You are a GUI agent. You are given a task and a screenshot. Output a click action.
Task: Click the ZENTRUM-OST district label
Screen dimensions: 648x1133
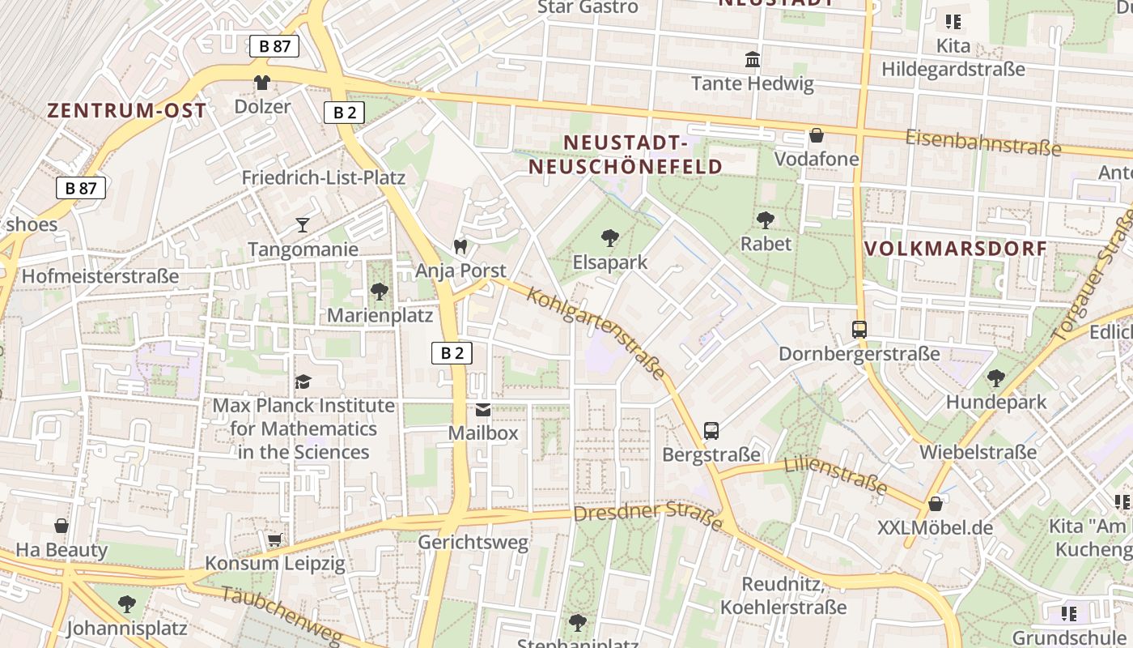coord(126,110)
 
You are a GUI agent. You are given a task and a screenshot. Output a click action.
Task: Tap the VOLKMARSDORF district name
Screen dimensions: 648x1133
coord(956,249)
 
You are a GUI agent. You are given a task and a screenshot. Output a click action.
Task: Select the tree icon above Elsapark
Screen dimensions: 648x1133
coord(610,237)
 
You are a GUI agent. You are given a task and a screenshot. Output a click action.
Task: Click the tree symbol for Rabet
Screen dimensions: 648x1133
coord(765,219)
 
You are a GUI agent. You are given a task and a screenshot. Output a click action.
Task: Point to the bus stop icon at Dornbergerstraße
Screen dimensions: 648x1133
coord(859,330)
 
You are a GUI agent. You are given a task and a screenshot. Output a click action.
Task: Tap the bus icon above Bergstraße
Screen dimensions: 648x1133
coord(711,430)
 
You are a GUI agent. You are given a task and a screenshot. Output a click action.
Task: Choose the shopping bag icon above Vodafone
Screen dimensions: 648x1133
coord(817,134)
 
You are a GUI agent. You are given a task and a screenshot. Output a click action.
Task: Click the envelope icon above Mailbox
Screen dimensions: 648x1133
coord(483,409)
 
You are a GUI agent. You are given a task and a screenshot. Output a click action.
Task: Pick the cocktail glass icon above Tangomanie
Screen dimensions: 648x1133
coord(303,224)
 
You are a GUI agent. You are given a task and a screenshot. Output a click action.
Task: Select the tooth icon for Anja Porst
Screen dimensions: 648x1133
coord(460,246)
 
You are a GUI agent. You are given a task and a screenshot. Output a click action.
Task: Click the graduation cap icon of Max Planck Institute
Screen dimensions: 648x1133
coord(303,381)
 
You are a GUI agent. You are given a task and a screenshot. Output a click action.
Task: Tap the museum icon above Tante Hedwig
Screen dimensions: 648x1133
coord(753,59)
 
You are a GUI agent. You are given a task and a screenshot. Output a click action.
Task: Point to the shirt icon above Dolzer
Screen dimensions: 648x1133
coord(262,82)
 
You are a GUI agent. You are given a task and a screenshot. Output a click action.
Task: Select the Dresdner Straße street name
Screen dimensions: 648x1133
coord(647,516)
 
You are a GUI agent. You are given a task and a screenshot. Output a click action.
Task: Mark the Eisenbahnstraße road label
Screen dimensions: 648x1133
coord(982,143)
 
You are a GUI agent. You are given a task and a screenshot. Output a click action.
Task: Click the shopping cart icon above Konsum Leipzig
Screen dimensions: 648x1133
coord(274,539)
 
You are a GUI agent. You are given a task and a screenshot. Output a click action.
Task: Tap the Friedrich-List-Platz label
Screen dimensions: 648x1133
coord(324,177)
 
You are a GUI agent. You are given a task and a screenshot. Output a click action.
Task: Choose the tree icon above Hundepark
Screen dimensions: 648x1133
coord(996,377)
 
